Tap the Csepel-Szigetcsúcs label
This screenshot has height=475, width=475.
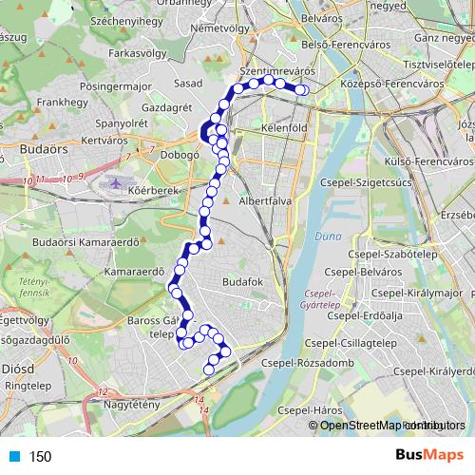click(364, 182)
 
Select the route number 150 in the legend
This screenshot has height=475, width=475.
click(40, 456)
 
